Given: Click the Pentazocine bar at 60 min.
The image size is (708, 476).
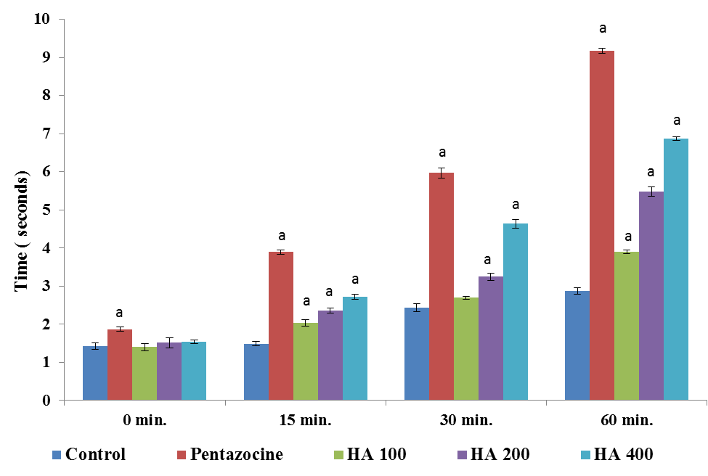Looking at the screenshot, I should [602, 225].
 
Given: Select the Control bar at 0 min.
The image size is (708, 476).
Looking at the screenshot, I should [95, 373].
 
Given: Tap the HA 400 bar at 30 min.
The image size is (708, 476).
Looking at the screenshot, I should [516, 312].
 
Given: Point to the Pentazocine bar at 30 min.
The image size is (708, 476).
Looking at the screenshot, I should [442, 287].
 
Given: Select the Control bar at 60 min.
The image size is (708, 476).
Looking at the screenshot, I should [577, 345].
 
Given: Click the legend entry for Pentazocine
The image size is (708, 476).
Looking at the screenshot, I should [237, 455].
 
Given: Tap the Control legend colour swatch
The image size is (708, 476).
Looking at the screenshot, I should [57, 456].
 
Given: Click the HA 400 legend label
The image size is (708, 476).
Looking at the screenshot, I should [623, 455].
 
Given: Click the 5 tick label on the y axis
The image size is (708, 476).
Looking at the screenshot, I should [47, 210].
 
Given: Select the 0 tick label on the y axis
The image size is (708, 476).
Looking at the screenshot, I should [47, 400].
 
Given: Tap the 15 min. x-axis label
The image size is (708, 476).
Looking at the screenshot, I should [305, 420].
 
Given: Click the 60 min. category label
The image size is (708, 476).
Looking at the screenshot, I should [626, 420].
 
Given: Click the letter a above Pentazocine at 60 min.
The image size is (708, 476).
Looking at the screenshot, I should [602, 29].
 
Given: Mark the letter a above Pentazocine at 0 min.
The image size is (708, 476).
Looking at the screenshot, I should [120, 313].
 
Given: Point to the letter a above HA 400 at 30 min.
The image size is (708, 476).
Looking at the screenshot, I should [516, 205].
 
